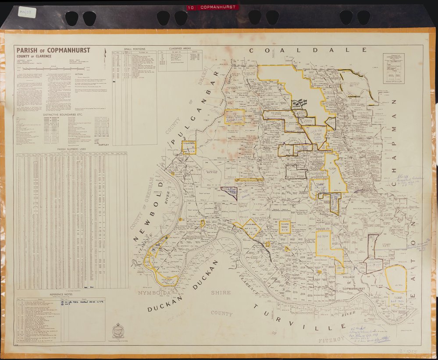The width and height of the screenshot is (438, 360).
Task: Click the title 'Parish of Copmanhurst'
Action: tap(53, 50)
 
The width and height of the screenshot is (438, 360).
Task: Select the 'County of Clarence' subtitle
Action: tap(34, 56)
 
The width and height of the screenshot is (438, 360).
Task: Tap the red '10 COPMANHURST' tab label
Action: tap(212, 7)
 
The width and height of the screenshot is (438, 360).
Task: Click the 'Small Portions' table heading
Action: tap(134, 49)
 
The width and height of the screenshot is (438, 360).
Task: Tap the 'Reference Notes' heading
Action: tap(61, 294)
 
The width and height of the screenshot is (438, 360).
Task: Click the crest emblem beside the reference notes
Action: tap(118, 330)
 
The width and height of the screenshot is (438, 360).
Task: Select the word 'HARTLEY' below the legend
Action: tap(103, 144)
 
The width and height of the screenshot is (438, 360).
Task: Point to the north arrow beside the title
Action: tap(105, 55)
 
